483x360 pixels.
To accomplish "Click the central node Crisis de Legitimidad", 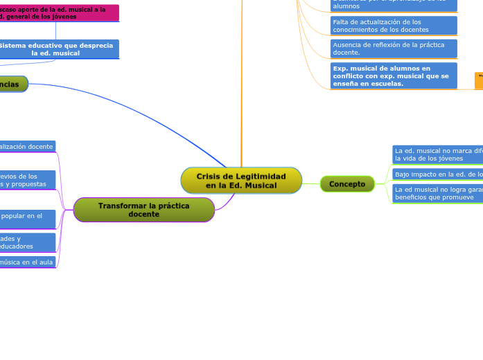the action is coord(241,181).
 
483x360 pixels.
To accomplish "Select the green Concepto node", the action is coord(347,183).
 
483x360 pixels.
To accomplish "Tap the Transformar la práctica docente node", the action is coord(143,210).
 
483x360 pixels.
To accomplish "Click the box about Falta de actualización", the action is coord(394,26).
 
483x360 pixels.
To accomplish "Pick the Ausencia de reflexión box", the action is coord(394,48).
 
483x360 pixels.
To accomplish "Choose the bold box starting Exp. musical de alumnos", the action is coord(394,76).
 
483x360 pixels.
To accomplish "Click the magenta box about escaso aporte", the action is coord(60,12).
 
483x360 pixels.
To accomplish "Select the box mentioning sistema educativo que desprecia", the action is coord(60,48).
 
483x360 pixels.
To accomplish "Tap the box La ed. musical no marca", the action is coord(437,154).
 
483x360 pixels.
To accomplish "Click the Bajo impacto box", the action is coord(437,174).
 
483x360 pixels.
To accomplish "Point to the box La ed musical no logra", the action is coord(437,192).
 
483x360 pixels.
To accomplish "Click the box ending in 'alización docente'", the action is coord(27,147).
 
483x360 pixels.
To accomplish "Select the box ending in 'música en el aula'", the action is coord(27,262).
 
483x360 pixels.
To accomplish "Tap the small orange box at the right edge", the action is coord(479,80).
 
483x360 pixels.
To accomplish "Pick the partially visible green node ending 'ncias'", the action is coord(13,84).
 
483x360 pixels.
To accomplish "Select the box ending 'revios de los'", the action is coord(27,180).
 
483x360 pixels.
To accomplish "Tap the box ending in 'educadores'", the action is coord(27,242).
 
